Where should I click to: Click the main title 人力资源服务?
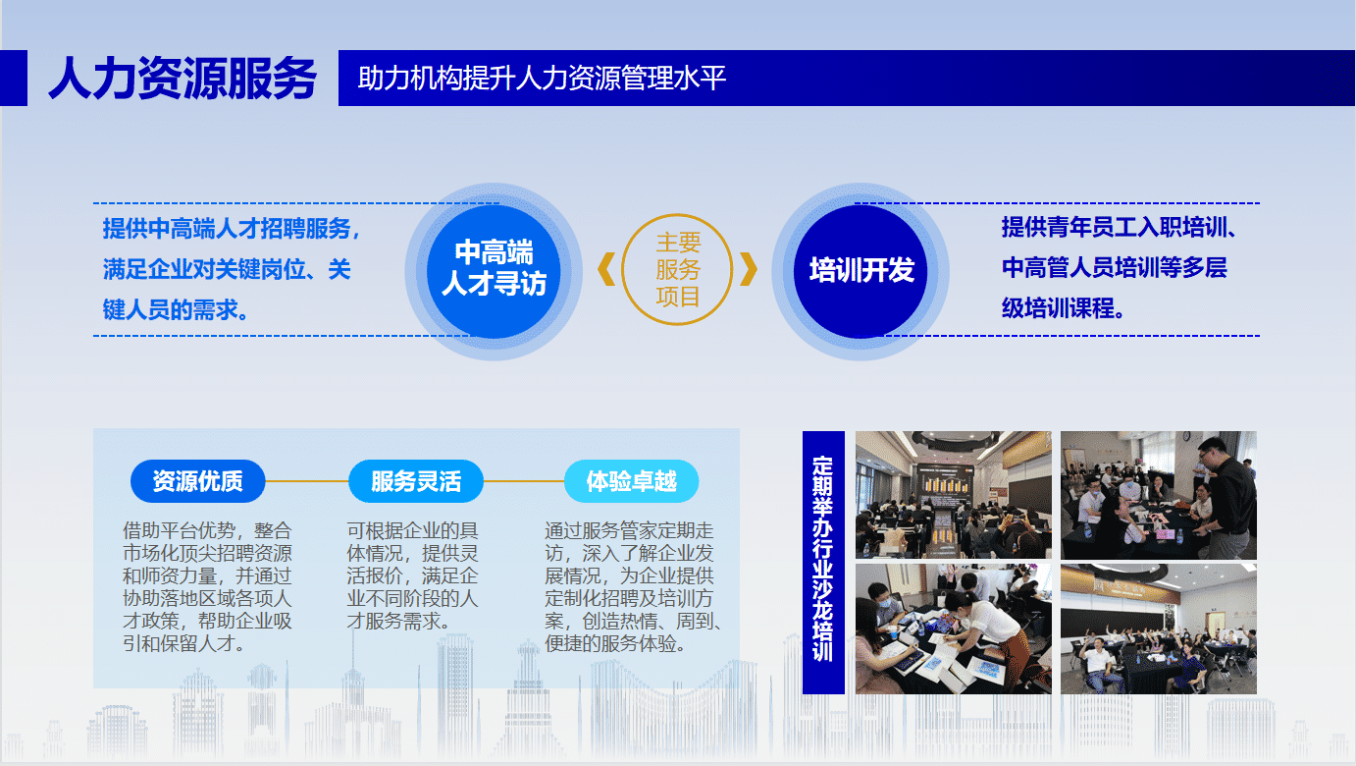pyautogui.click(x=183, y=79)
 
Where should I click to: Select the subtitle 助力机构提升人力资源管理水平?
pyautogui.click(x=542, y=79)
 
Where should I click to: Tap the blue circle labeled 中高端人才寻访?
pyautogui.click(x=494, y=271)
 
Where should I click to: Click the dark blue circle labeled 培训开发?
pyautogui.click(x=861, y=271)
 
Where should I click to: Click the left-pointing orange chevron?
pyautogui.click(x=606, y=269)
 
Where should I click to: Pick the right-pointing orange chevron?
pyautogui.click(x=750, y=269)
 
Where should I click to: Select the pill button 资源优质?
pyautogui.click(x=198, y=481)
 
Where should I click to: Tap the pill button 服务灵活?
pyautogui.click(x=416, y=481)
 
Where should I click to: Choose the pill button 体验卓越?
pyautogui.click(x=631, y=481)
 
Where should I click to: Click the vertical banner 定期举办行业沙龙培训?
pyautogui.click(x=823, y=563)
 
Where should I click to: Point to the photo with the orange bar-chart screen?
pyautogui.click(x=954, y=495)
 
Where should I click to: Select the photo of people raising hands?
pyautogui.click(x=1159, y=629)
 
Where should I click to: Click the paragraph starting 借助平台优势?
pyautogui.click(x=208, y=586)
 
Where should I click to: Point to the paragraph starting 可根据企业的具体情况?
pyautogui.click(x=412, y=575)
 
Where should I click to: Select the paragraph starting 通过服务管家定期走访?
pyautogui.click(x=633, y=586)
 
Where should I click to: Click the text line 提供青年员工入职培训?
pyautogui.click(x=1119, y=227)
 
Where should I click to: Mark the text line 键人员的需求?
pyautogui.click(x=176, y=309)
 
